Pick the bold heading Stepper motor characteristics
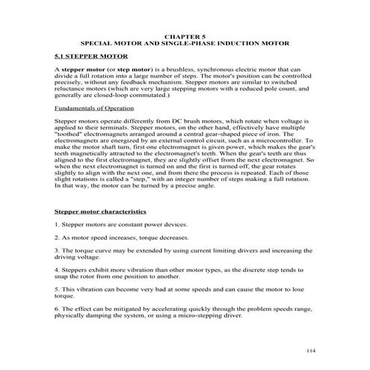pos(100,213)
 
